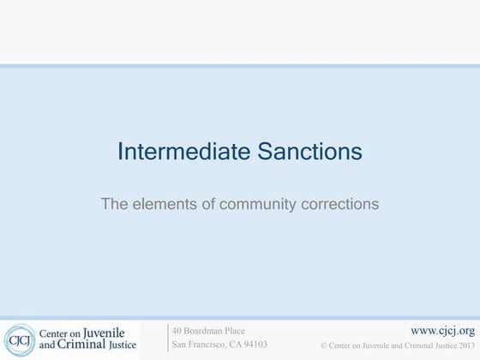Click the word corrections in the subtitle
339,204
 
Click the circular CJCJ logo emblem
19,340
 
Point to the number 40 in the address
177,330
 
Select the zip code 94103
255,345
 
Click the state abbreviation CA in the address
232,345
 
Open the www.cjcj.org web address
442,330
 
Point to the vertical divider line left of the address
168,339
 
